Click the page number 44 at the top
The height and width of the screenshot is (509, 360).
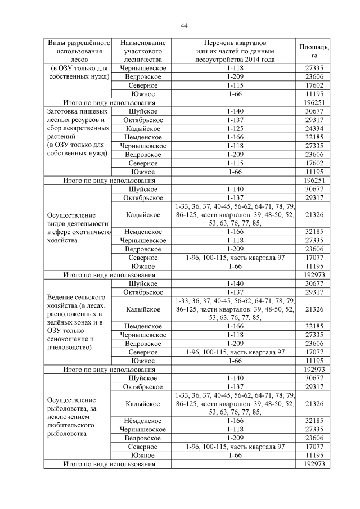point(184,25)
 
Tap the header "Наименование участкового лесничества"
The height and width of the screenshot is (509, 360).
point(143,51)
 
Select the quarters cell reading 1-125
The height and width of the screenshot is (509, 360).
point(235,128)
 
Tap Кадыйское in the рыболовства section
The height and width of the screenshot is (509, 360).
point(143,404)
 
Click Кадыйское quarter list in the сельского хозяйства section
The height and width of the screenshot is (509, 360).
point(235,309)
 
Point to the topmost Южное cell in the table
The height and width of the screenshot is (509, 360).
point(143,94)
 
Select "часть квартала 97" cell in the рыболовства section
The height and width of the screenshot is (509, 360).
point(235,447)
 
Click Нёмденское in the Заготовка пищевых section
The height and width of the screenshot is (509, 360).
point(143,137)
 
